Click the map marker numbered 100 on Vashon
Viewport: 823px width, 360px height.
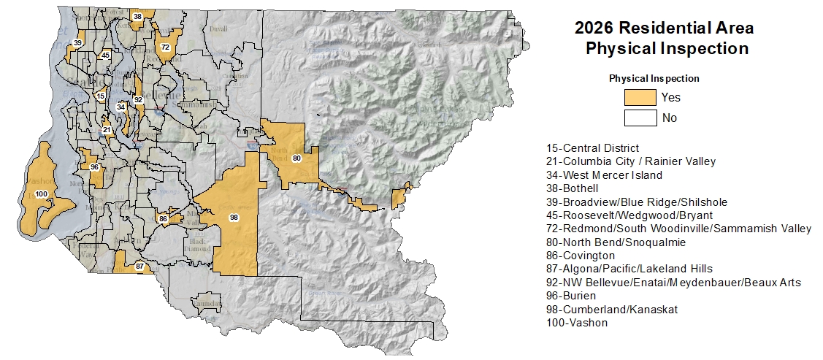tap(41, 194)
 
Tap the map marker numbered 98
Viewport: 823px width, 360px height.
tap(234, 217)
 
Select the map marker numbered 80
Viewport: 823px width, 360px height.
tap(296, 158)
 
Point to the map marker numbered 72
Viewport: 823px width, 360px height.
tap(166, 47)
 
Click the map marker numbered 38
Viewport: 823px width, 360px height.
tap(137, 16)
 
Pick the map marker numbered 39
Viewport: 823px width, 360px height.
tap(77, 44)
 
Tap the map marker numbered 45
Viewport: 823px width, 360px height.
tap(106, 55)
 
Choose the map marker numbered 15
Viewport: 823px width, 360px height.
tap(101, 96)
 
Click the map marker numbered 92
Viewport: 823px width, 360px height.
tap(138, 99)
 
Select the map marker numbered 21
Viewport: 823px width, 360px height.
tap(107, 130)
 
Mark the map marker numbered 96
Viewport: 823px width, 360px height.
tap(94, 167)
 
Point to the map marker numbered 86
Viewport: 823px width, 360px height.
tap(163, 218)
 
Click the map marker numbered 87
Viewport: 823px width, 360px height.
tap(139, 267)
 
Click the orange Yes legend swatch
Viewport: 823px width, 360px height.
tap(640, 97)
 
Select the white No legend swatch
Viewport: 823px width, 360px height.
tap(640, 118)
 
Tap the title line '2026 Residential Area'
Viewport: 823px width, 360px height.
tap(664, 28)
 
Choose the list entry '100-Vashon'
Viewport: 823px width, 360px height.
tap(576, 322)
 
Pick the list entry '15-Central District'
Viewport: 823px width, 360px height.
tap(592, 148)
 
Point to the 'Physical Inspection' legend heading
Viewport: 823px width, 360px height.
tap(654, 78)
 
